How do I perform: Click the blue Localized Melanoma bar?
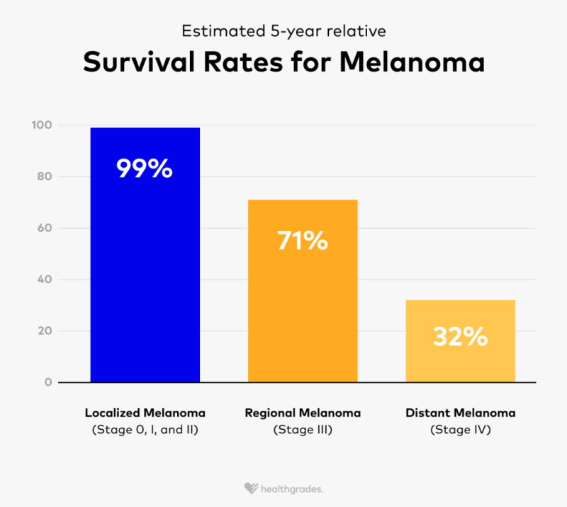coord(145,269)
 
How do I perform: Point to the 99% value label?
coord(145,169)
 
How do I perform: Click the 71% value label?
coord(303,241)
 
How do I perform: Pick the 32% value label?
coord(460,336)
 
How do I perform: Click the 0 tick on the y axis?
coord(48,382)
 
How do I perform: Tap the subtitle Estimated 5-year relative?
coord(283,31)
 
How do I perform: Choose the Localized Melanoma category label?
coord(145,413)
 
